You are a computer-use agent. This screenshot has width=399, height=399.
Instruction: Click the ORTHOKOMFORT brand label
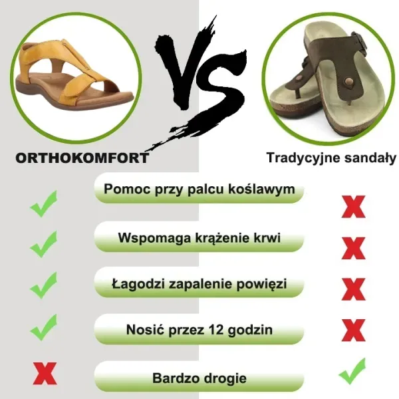(x=82, y=158)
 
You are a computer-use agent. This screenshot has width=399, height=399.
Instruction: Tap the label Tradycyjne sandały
(x=331, y=158)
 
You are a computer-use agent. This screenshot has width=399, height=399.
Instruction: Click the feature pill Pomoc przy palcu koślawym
(x=199, y=190)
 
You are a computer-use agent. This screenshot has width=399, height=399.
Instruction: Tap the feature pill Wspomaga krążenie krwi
(x=199, y=237)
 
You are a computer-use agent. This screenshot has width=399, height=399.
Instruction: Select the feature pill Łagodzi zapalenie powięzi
(x=199, y=284)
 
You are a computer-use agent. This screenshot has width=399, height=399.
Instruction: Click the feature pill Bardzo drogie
(x=199, y=378)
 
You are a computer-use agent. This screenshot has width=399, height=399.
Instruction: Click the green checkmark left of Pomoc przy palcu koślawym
(x=44, y=204)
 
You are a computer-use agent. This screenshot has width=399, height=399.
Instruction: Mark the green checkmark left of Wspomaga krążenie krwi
(x=44, y=245)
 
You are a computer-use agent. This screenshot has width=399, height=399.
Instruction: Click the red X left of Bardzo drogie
(x=44, y=374)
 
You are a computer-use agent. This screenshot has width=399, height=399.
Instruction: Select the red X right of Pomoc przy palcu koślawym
(x=352, y=207)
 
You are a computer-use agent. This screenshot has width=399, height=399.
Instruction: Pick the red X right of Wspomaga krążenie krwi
(x=352, y=248)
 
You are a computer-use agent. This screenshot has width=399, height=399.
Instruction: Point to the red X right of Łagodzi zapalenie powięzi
(x=352, y=288)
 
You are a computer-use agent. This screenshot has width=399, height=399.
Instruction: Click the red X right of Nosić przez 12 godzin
(x=352, y=330)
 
